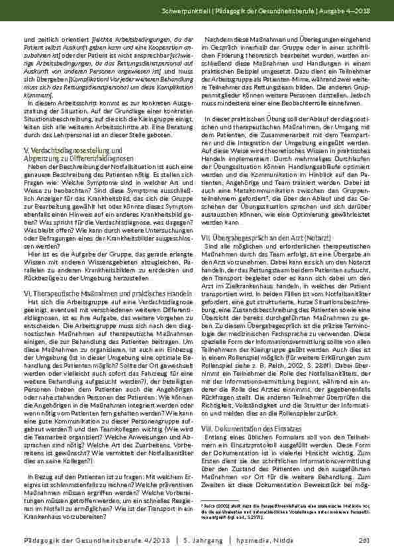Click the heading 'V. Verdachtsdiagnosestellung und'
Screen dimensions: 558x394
tap(72, 150)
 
